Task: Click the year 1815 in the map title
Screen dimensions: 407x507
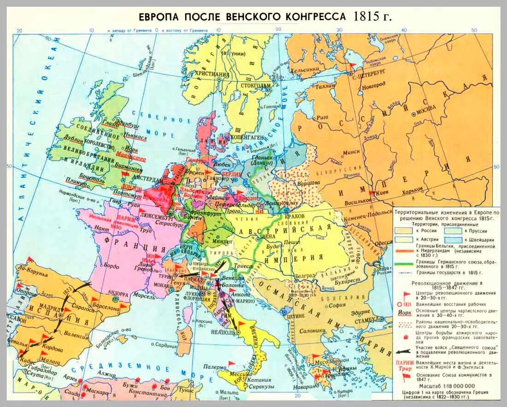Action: tap(366, 17)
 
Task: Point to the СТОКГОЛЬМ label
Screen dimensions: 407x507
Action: tap(254, 85)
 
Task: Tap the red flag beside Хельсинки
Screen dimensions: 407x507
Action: tap(353, 65)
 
